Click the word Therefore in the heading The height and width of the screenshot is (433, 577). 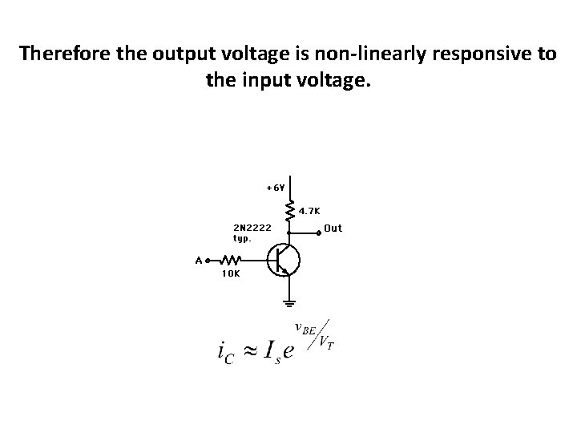click(x=61, y=54)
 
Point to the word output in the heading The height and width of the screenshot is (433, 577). click(x=166, y=54)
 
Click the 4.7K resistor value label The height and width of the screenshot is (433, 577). click(x=310, y=212)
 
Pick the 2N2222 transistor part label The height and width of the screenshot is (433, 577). click(x=252, y=228)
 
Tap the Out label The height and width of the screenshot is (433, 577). click(x=333, y=229)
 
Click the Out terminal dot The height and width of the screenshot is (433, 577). click(x=319, y=230)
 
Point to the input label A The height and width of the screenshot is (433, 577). click(x=198, y=260)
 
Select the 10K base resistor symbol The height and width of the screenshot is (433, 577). click(x=231, y=260)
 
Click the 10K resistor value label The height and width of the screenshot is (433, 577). click(x=229, y=273)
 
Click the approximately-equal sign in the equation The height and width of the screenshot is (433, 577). click(x=252, y=350)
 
